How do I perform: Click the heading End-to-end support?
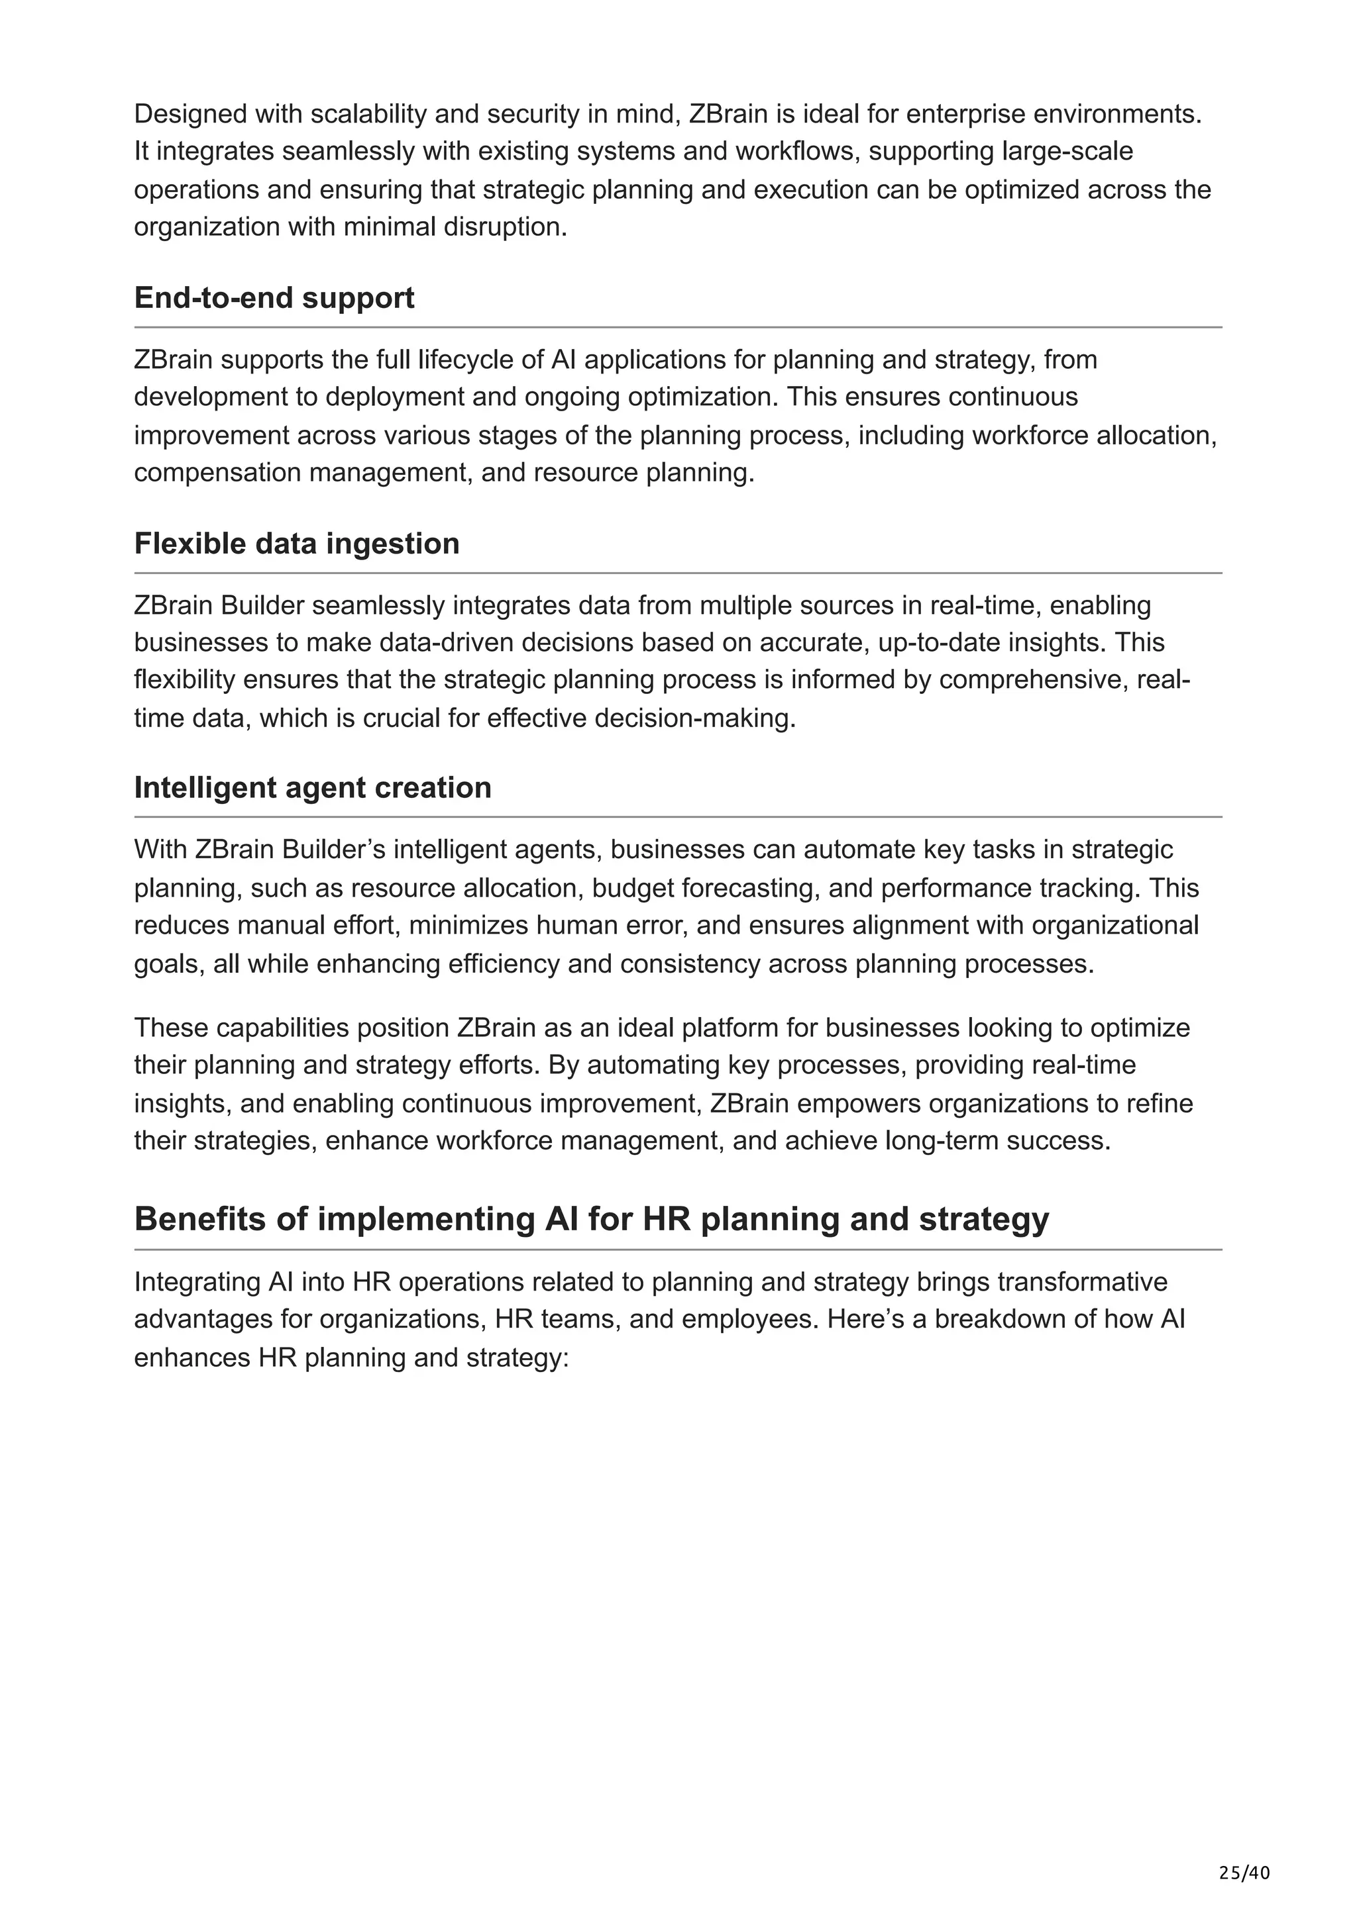(274, 299)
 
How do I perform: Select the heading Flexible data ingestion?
(296, 544)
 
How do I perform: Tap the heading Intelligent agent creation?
(312, 788)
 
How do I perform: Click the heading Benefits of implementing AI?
(590, 1220)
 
